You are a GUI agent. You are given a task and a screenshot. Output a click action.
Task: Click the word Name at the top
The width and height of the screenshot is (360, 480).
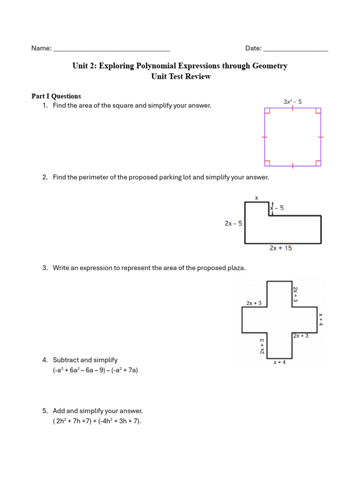[40, 48]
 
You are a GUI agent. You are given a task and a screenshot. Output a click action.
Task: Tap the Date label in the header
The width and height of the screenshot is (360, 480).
[253, 48]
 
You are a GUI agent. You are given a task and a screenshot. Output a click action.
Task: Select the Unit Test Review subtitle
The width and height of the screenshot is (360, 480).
[180, 76]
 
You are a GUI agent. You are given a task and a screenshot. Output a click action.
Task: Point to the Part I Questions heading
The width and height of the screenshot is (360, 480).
[56, 96]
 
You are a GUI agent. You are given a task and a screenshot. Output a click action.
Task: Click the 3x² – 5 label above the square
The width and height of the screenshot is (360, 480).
[292, 101]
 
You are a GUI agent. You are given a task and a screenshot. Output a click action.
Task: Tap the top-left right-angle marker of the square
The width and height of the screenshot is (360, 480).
[268, 111]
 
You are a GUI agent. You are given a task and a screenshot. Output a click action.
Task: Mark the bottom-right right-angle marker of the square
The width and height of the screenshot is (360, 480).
[318, 163]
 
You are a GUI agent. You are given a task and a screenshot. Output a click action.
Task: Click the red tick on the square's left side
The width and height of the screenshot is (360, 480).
[264, 137]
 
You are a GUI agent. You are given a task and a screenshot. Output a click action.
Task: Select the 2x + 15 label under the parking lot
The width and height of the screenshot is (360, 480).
[280, 248]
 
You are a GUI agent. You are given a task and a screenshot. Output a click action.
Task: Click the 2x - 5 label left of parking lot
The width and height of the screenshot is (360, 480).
[233, 224]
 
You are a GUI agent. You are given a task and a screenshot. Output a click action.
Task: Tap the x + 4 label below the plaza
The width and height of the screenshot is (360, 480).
[279, 362]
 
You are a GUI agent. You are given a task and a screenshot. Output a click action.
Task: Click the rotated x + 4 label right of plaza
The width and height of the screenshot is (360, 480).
[321, 319]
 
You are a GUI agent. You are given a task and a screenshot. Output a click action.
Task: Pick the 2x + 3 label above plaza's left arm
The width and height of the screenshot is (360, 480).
[254, 303]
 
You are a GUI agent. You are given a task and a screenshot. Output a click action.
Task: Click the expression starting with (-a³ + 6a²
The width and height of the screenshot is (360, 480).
[95, 370]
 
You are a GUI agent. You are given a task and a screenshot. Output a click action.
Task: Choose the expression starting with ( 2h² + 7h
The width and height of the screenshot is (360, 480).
[97, 421]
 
